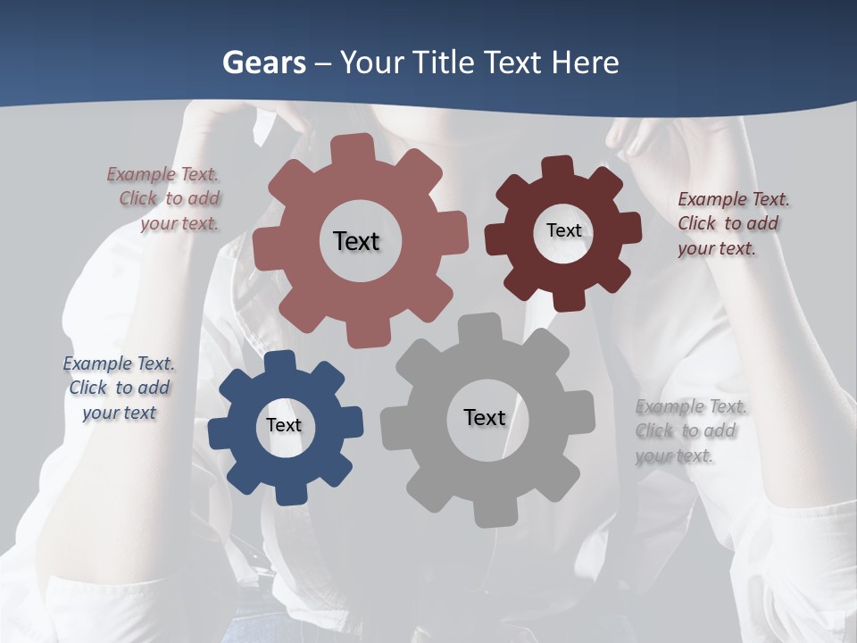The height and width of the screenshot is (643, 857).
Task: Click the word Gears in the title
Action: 263,63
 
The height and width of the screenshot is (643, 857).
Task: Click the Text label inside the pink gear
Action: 356,241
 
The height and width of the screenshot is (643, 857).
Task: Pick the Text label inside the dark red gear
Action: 563,230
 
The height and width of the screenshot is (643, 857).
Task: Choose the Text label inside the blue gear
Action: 284,425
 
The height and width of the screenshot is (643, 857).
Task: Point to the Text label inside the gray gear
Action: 485,417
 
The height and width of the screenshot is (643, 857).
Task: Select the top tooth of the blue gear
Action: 279,362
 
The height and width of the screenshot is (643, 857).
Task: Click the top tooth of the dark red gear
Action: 557,167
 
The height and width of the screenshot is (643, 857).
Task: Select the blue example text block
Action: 119,388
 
